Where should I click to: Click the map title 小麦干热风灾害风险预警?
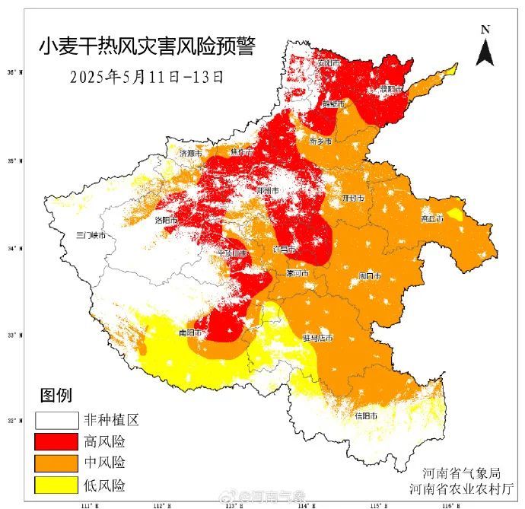(x=147, y=46)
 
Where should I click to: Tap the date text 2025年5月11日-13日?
(x=146, y=78)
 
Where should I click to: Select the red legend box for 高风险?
(x=56, y=441)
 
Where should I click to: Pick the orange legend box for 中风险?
(x=56, y=463)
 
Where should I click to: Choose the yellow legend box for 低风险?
(x=56, y=485)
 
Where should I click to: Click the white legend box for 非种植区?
(x=56, y=420)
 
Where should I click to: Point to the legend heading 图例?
(x=56, y=396)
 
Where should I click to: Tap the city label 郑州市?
(x=269, y=190)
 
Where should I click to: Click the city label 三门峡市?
(x=91, y=236)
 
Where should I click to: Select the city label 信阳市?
(x=365, y=415)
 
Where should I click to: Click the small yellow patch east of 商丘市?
(x=455, y=215)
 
